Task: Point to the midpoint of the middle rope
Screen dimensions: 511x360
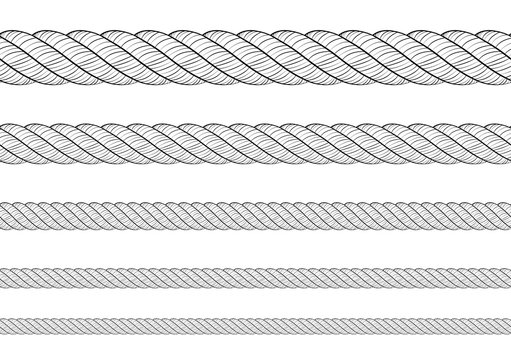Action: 255,216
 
